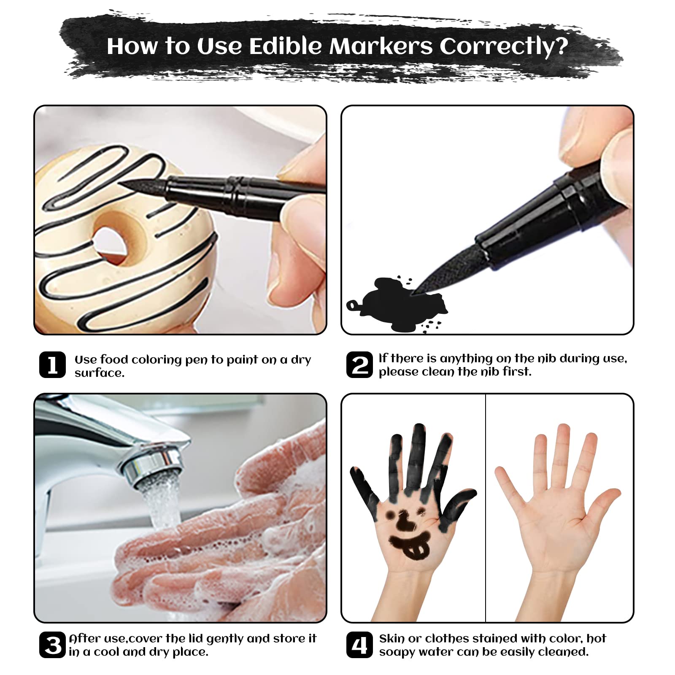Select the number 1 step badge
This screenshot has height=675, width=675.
point(52,364)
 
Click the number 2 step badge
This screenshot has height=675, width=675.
point(359,364)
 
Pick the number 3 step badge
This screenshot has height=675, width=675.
point(52,645)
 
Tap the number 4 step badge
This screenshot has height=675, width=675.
point(359,645)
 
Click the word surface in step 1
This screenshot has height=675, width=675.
point(99,373)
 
